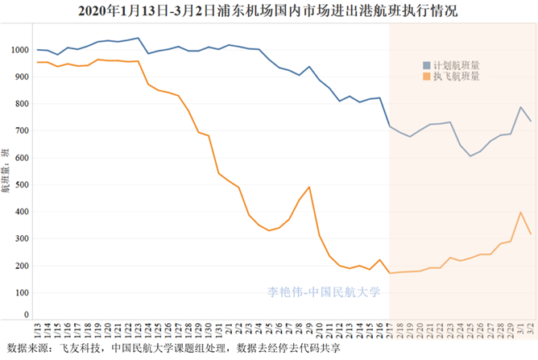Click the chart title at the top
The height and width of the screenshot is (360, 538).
point(269,10)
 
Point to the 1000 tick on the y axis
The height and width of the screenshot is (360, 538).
point(19,50)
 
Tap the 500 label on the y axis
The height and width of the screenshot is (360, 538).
point(22,184)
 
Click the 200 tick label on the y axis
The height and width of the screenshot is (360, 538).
point(22,266)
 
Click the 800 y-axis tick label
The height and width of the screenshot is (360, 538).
point(22,104)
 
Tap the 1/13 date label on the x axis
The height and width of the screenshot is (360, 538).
point(38,330)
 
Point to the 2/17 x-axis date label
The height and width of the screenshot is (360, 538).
point(390,330)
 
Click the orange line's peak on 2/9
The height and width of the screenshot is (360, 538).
point(309,187)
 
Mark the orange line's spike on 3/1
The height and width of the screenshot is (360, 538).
point(520,212)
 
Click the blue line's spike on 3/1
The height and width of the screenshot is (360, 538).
point(520,107)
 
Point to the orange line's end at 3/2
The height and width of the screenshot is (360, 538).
point(530,234)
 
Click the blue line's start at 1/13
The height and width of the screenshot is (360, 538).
point(38,49)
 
